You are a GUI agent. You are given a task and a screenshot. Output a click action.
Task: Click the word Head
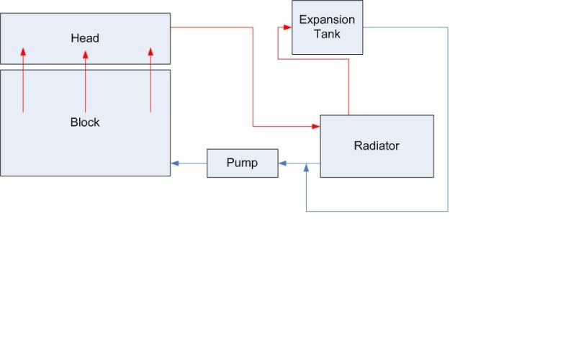tap(85, 37)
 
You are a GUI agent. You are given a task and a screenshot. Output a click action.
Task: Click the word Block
tap(85, 122)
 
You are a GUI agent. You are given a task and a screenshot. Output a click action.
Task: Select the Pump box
tap(242, 163)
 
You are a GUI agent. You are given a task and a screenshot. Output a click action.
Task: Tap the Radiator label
tap(377, 145)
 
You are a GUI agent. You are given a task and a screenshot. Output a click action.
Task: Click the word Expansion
tap(327, 20)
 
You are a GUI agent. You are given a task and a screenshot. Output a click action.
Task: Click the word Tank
tap(327, 33)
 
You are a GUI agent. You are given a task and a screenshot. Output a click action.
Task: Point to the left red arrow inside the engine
tap(23, 79)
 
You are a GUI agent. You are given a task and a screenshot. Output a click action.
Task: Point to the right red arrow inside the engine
tap(150, 79)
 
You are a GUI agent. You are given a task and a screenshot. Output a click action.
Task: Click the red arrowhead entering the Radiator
tap(316, 127)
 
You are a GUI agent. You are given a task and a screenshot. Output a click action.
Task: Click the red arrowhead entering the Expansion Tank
tap(287, 27)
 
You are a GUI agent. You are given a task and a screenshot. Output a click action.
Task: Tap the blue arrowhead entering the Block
tap(175, 163)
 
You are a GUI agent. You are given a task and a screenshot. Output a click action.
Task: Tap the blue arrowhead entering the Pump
tap(282, 163)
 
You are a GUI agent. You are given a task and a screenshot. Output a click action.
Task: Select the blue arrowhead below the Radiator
tap(307, 168)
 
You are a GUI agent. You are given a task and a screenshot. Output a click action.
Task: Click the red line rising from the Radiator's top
tap(349, 86)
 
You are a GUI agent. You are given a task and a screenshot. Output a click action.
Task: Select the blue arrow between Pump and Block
tap(189, 163)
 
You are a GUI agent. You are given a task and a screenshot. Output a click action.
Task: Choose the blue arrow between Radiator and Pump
tap(300, 163)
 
